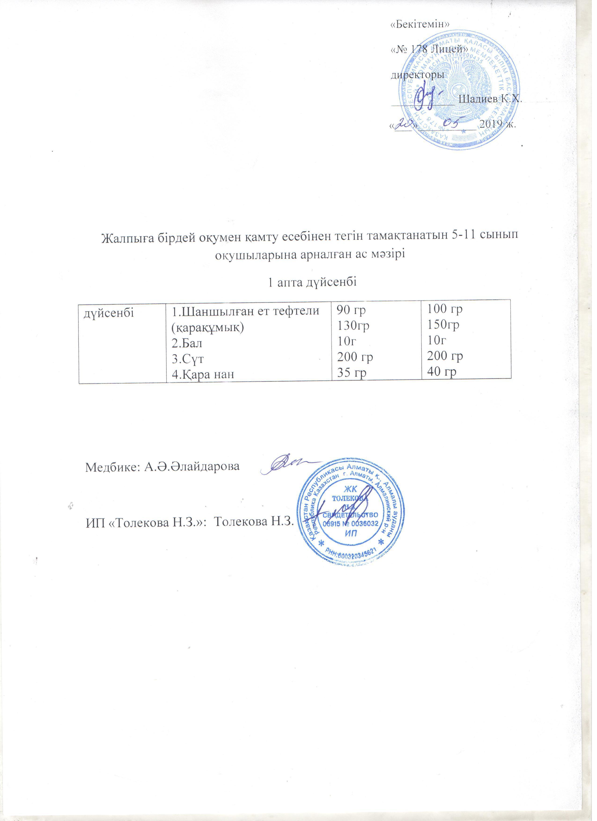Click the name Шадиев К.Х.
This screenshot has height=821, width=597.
(490, 99)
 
